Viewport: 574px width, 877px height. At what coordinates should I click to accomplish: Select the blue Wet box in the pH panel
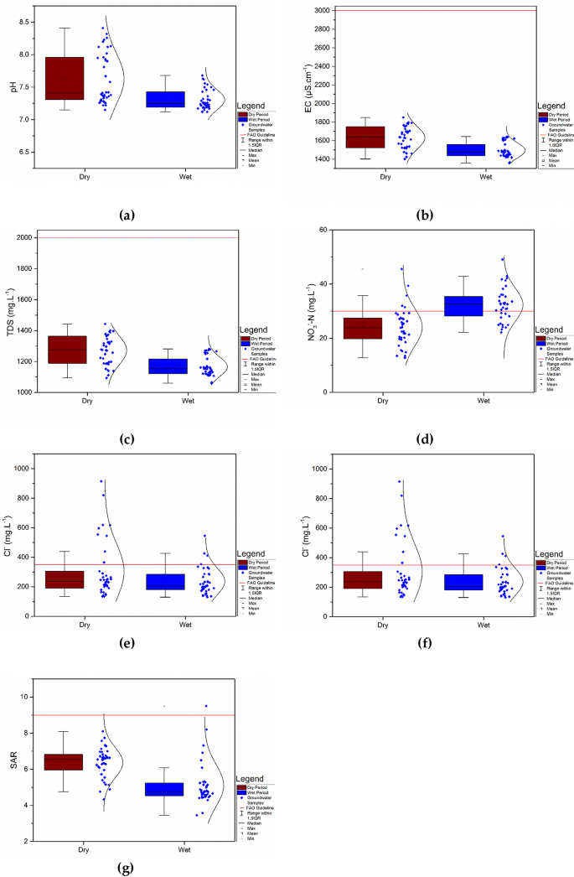coord(165,99)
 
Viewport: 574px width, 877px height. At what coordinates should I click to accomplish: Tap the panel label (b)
coord(428,215)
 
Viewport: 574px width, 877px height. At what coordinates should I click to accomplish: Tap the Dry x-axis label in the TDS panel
coord(86,402)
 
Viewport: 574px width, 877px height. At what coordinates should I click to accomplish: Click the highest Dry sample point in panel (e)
coord(101,480)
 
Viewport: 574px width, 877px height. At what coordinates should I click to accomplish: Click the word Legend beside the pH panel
coord(254,106)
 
